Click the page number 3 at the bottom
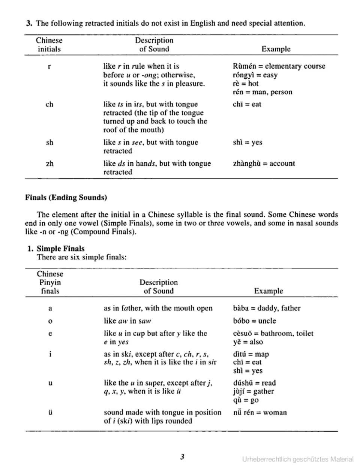point(182,457)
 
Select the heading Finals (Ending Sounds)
point(66,198)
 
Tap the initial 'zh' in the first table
point(49,163)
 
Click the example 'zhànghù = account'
point(264,163)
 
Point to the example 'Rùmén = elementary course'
point(279,66)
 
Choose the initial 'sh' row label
point(49,142)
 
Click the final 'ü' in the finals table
point(50,412)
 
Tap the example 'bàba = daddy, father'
point(267,308)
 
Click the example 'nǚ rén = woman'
point(260,412)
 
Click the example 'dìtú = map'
point(250,354)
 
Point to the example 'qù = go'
point(246,400)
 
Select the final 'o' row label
point(50,321)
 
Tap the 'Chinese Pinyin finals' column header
point(50,282)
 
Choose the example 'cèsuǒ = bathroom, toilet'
point(273,333)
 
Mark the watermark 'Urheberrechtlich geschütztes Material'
point(298,459)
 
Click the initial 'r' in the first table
point(49,67)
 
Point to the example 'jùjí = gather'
point(253,391)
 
